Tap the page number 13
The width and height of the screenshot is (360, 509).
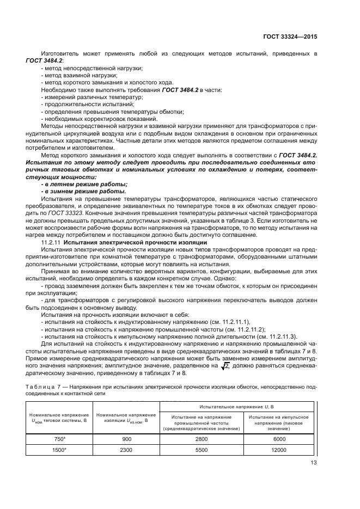click(x=313, y=463)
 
